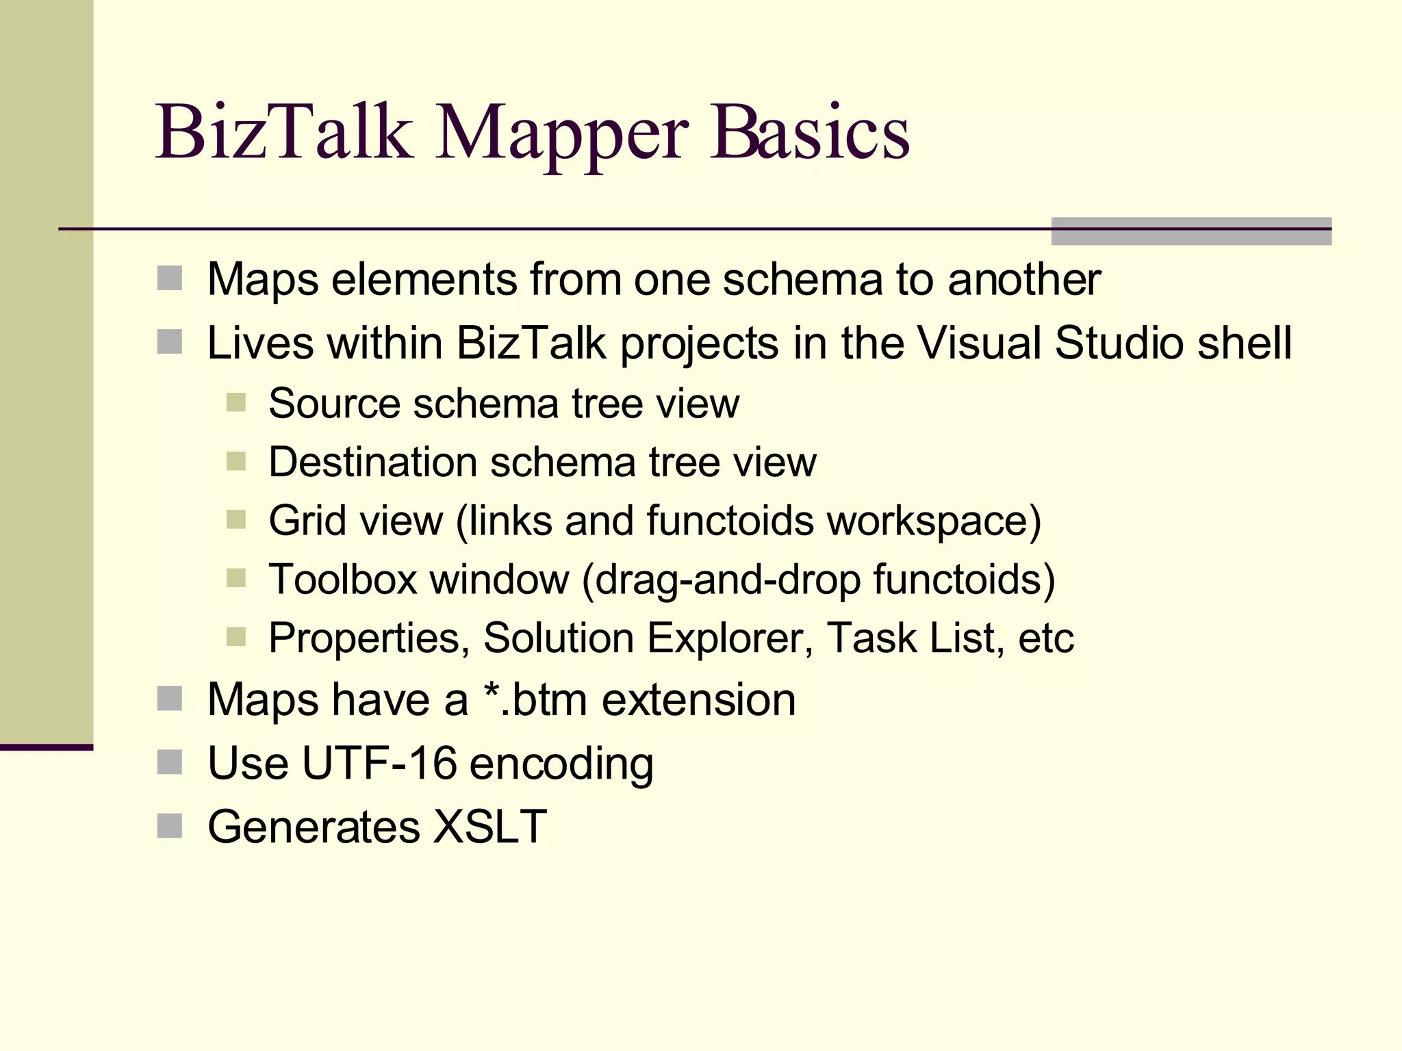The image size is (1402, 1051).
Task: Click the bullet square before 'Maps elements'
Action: pyautogui.click(x=169, y=278)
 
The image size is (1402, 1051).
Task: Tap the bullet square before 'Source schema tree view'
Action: pyautogui.click(x=236, y=402)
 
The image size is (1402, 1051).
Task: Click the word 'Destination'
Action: pyautogui.click(x=372, y=462)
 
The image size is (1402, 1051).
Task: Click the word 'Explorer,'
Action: pyautogui.click(x=730, y=638)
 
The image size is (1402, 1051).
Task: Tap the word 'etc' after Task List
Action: pyautogui.click(x=1046, y=638)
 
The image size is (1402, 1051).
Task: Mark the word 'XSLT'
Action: pyautogui.click(x=490, y=827)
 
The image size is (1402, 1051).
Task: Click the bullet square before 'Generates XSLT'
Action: pyautogui.click(x=169, y=826)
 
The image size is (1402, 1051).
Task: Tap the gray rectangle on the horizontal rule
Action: pyautogui.click(x=1191, y=231)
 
